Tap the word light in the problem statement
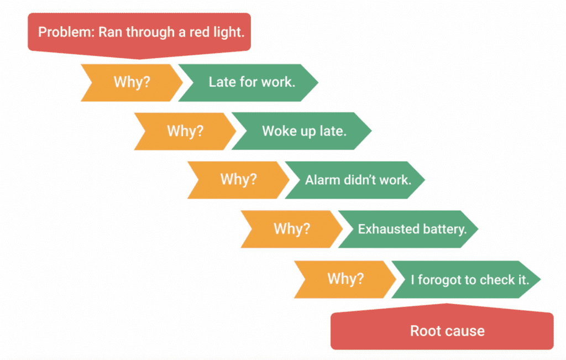click(228, 32)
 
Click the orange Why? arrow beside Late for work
click(132, 82)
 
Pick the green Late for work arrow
click(251, 82)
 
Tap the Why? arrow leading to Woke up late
click(185, 132)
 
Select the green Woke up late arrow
click(304, 132)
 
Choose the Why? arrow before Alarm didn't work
click(238, 180)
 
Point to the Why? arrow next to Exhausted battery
click(292, 229)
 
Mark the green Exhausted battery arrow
click(412, 229)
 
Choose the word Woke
click(277, 132)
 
